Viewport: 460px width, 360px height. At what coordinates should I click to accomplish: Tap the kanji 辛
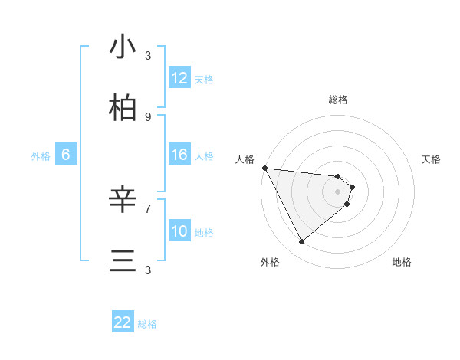point(123,201)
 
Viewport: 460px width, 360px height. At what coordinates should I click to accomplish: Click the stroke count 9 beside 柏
point(148,116)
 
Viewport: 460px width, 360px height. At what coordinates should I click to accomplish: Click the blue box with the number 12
point(179,78)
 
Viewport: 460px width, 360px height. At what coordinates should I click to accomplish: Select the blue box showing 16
point(179,155)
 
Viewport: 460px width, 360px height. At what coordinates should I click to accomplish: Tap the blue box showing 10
point(179,231)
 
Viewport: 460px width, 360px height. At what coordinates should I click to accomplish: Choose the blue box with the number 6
point(66,155)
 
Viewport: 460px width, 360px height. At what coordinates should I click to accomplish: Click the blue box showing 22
point(123,322)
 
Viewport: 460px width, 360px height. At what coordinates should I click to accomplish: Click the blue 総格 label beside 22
point(147,324)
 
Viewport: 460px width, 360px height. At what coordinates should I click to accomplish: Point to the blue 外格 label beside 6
point(41,156)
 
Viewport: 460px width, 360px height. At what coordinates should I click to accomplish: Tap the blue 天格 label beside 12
point(204,80)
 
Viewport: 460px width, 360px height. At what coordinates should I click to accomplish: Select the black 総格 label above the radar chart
point(338,100)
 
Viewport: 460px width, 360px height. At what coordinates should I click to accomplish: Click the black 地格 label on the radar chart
point(402,262)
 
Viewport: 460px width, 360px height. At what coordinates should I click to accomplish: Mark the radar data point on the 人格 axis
point(264,168)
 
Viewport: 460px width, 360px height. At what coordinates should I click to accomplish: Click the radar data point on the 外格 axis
point(301,241)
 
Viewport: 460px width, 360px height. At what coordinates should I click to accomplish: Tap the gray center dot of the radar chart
point(338,191)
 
